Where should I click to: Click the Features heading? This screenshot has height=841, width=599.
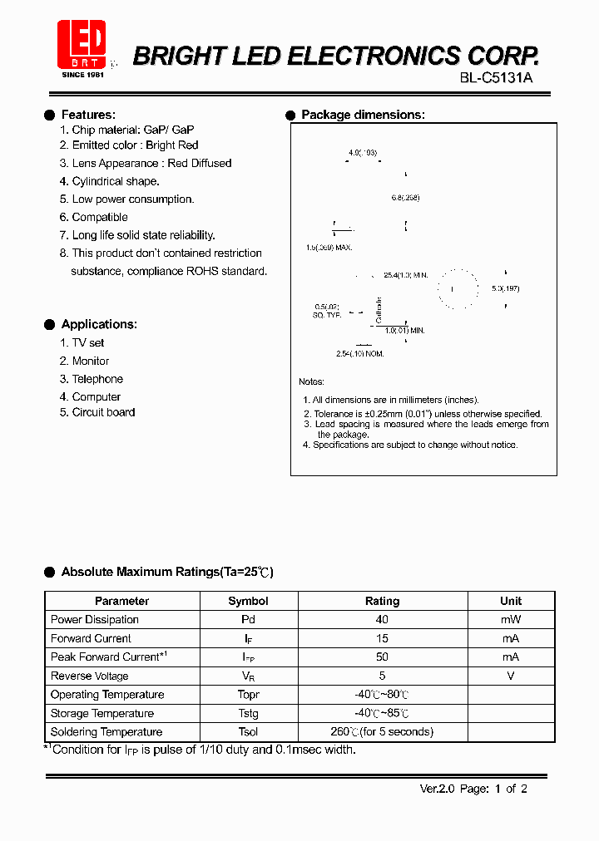tap(88, 115)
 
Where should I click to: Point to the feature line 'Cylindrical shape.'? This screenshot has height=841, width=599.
tap(116, 181)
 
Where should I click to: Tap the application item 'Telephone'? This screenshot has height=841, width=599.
tap(97, 379)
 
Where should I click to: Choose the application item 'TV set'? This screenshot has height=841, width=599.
tap(88, 342)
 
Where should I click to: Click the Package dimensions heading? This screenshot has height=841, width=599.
tap(363, 115)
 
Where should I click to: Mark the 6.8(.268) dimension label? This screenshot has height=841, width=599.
tap(405, 198)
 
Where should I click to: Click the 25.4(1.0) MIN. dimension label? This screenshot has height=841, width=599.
tap(405, 275)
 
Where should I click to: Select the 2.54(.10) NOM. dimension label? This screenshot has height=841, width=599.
tap(360, 353)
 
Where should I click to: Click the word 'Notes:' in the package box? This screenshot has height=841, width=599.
tap(311, 381)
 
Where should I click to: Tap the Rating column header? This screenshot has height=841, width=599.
tap(382, 601)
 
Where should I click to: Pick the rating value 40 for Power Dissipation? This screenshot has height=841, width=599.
tap(382, 620)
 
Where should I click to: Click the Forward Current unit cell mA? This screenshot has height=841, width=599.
tap(511, 638)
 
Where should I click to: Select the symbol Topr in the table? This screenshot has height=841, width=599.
tap(248, 695)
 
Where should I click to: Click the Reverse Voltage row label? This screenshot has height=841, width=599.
tap(90, 676)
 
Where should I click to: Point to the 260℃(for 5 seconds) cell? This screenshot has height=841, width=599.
tap(382, 732)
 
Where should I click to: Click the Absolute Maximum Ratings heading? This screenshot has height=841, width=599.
tap(167, 572)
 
